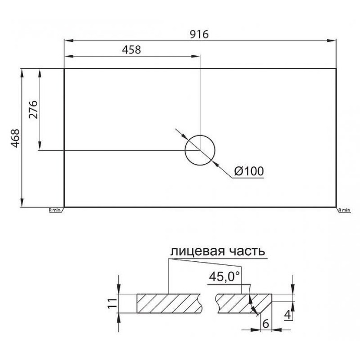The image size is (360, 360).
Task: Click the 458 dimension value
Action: (x=131, y=50)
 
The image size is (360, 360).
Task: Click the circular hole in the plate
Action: (x=200, y=150)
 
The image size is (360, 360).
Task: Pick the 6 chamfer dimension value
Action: (x=265, y=324)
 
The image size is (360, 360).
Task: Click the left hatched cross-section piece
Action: (x=170, y=303)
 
